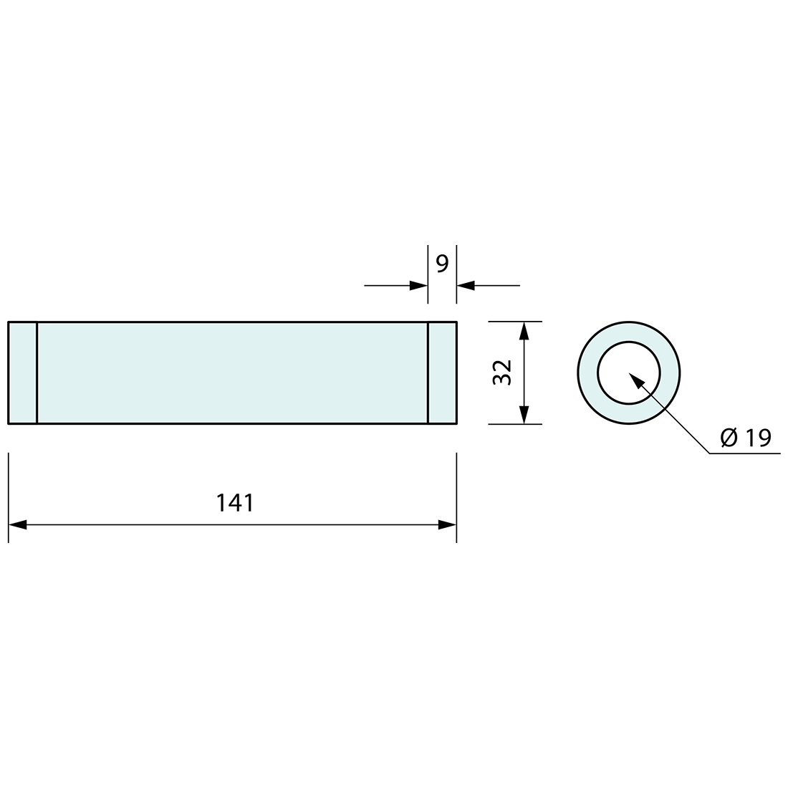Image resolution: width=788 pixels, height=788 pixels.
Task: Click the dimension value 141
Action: click(235, 503)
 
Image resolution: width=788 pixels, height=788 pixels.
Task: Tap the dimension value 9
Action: click(442, 264)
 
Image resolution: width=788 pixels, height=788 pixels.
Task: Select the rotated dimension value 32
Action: click(503, 373)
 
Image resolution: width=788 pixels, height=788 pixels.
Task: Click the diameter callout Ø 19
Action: click(746, 438)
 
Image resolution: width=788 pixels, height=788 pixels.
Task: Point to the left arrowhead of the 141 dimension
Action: click(17, 525)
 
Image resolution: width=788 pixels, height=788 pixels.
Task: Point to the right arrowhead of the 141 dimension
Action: click(447, 525)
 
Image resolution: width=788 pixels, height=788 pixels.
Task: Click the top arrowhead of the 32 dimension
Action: click(524, 331)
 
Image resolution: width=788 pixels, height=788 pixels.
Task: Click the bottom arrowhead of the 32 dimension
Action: click(524, 415)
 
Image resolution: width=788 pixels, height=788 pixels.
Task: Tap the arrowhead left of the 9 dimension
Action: click(418, 286)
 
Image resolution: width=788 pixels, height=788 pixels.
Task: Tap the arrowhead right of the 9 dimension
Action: click(466, 286)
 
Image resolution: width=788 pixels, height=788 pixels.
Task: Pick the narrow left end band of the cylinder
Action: click(22, 373)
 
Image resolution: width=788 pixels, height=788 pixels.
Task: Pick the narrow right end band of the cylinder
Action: click(442, 373)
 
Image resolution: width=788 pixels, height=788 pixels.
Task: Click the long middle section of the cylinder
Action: click(232, 373)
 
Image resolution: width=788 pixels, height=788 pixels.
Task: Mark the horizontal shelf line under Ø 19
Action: click(745, 453)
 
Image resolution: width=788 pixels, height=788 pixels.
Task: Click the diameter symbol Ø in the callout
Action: click(729, 438)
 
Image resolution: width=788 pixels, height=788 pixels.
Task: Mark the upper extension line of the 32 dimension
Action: click(515, 322)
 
